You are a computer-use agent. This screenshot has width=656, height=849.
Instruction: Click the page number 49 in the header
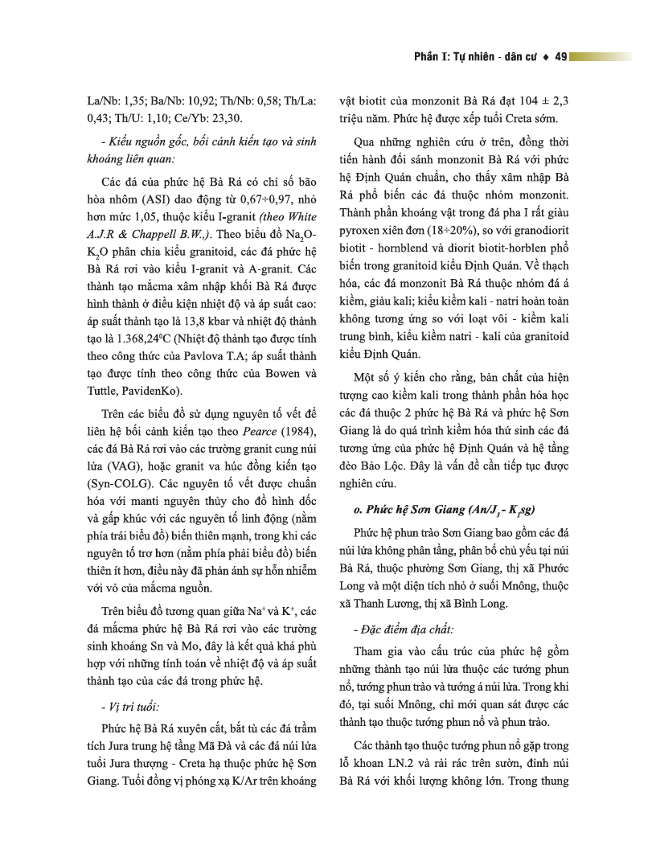coord(561,56)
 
